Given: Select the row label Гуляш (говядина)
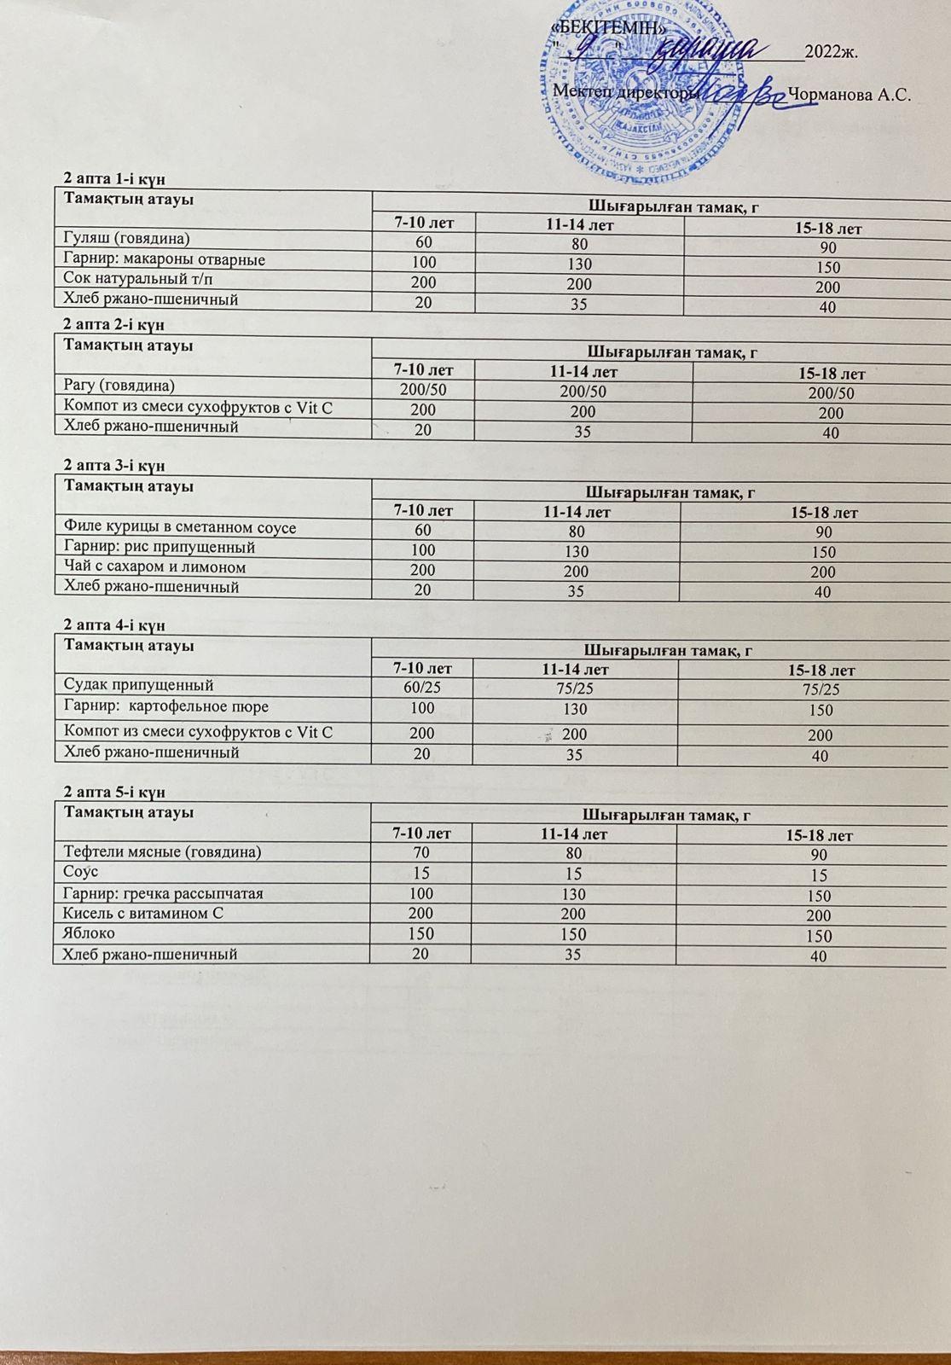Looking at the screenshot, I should pos(127,238).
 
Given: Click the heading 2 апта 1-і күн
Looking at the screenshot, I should pos(114,178).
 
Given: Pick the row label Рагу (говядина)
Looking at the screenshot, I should pos(119,386).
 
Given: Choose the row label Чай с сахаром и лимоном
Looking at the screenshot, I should pos(155,567).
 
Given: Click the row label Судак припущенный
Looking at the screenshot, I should pos(139,685).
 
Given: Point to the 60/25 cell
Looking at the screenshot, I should pos(422,688).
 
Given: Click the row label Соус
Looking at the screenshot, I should pos(81,872).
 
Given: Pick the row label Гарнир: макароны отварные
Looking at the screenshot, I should pos(165,259).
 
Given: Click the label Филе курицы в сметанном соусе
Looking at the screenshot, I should pos(180,528).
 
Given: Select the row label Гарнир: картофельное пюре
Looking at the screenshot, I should pos(166,706).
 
